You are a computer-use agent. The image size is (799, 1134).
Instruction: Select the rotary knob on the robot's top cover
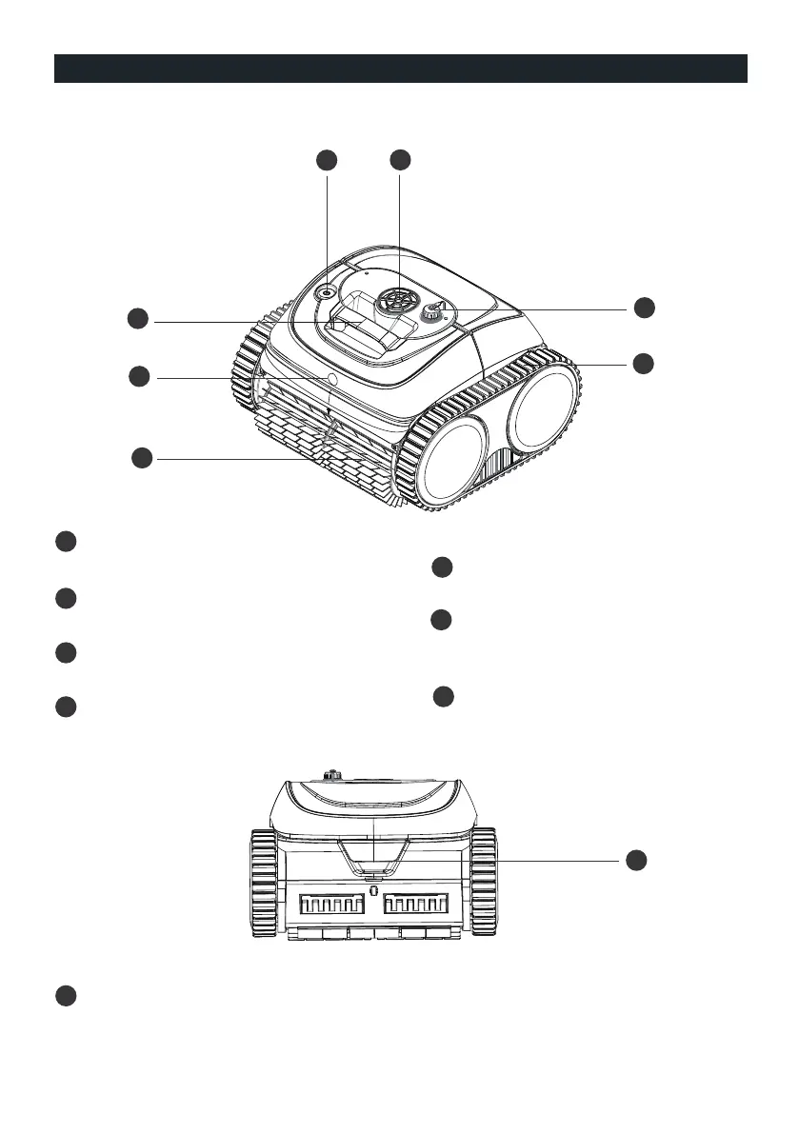click(x=434, y=310)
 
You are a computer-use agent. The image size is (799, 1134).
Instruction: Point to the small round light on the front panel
click(x=332, y=378)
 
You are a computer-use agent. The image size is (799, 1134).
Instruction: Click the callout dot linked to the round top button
click(x=327, y=160)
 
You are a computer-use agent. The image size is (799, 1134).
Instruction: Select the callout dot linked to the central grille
click(x=400, y=160)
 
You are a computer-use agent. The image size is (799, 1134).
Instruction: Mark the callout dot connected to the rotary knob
click(x=645, y=307)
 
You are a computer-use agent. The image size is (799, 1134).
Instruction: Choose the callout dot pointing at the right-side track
click(x=645, y=363)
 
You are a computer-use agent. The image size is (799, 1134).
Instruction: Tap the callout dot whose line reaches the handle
click(x=139, y=320)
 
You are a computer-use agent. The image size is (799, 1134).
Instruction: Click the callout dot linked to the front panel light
click(x=139, y=377)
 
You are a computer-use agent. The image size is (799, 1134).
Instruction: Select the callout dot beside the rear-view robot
click(x=636, y=859)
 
